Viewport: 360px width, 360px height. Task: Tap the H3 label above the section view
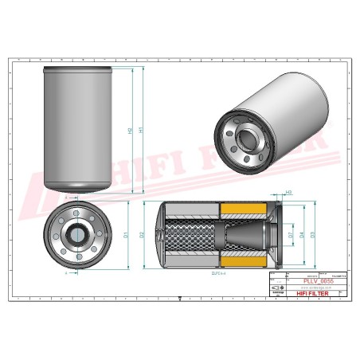coord(289,192)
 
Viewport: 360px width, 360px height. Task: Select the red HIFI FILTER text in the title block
coord(312,294)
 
